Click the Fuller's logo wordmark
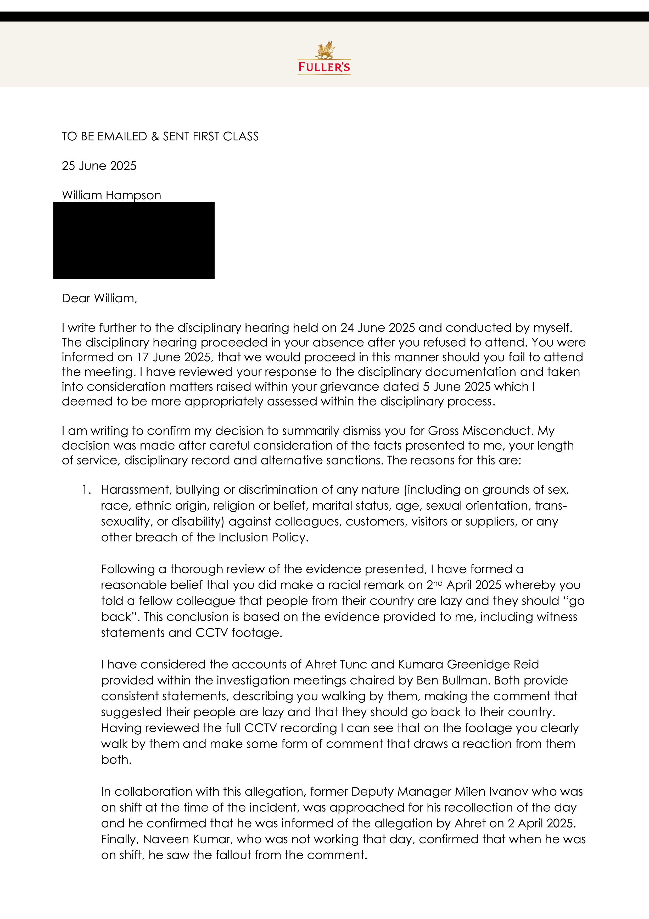(324, 67)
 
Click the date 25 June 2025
(99, 166)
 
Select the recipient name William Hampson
(111, 195)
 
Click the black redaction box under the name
(134, 240)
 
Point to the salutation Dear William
(99, 298)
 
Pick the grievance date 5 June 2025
(456, 387)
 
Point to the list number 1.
(86, 490)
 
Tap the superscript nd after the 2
(438, 583)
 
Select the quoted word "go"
(576, 601)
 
